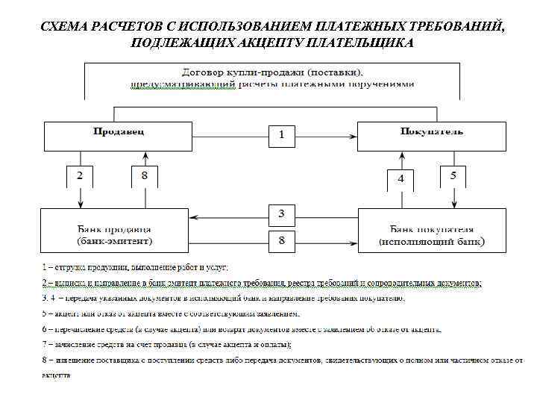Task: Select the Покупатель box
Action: [x=432, y=134]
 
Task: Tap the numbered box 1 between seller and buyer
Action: [x=281, y=135]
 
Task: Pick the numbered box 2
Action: [x=80, y=176]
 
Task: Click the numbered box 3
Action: [x=281, y=213]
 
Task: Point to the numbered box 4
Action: [x=401, y=179]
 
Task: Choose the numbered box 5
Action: [x=453, y=176]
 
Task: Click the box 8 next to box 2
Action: [x=144, y=176]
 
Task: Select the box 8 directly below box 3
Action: [x=281, y=240]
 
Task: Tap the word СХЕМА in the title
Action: [x=64, y=27]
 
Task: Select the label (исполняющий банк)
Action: [x=432, y=242]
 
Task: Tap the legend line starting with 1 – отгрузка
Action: [x=135, y=266]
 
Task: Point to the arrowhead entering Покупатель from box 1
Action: [x=355, y=135]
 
